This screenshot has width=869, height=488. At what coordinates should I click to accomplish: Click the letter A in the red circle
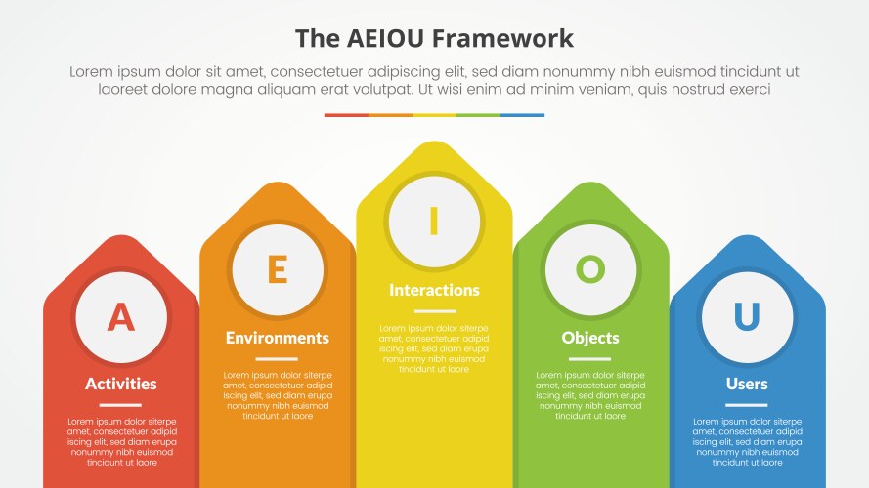coord(120,316)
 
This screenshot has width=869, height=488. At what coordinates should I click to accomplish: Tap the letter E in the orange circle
coord(278,268)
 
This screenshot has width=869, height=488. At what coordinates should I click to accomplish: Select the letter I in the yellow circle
coord(434,222)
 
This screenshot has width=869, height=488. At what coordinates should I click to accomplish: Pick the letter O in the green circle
coord(590,268)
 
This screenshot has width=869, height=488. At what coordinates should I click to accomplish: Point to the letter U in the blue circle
coord(747,316)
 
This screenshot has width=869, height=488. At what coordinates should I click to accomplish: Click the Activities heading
coord(120,384)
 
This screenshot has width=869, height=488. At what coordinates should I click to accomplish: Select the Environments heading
coord(278,338)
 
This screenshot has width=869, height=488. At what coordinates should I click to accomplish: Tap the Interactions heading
coord(434,290)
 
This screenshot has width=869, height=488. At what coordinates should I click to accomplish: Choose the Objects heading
coord(590,338)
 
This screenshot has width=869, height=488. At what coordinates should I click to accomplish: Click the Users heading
coord(747,384)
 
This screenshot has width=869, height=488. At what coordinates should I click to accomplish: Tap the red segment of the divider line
coord(346,115)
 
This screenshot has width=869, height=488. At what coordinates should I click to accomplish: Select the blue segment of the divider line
coord(523,115)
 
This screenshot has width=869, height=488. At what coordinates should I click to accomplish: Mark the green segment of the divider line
coord(479,115)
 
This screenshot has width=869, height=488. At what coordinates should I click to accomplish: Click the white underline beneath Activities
coord(120,405)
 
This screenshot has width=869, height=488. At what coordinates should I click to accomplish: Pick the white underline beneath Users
coord(747,405)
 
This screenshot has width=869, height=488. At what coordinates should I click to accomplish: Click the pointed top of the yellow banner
coord(434,149)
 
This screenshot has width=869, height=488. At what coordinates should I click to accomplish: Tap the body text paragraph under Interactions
coord(434,348)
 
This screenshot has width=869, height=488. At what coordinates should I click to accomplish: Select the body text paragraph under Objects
coord(590,395)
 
